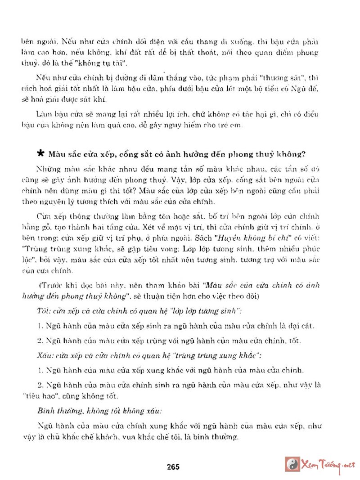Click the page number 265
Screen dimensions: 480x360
coord(172,466)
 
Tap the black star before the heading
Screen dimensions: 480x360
coord(40,153)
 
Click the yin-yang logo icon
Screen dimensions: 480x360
coord(292,464)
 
